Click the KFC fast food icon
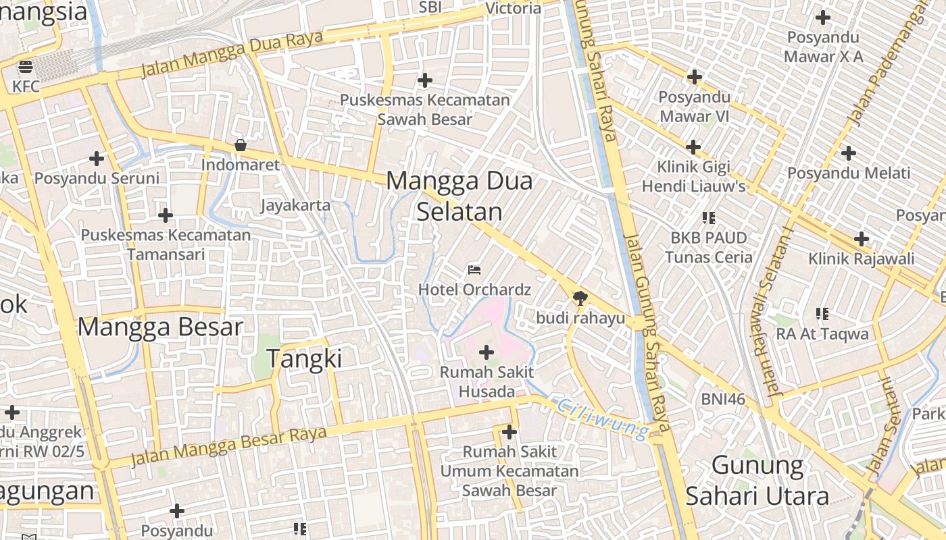point(26,67)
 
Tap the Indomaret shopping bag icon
point(240,145)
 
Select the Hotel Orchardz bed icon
point(474,270)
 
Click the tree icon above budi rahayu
point(580,298)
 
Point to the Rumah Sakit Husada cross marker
point(487,352)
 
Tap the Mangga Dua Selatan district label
point(459,196)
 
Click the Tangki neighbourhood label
point(304,358)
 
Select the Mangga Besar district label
point(160,327)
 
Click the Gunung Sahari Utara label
point(757,481)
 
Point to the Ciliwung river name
point(603,418)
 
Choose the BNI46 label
point(723,399)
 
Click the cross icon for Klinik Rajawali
point(861,239)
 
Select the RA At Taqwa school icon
point(822,314)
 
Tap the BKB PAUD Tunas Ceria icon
point(708,218)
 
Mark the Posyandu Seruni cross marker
point(97,159)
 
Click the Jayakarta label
point(296,205)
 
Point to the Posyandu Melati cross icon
point(849,153)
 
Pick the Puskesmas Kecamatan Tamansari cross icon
point(166,216)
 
